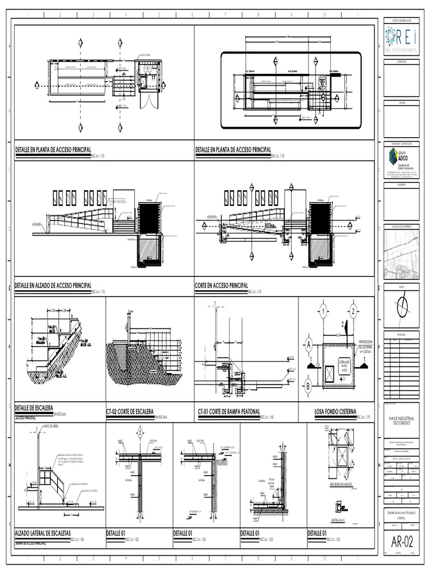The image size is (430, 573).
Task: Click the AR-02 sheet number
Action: tap(401, 542)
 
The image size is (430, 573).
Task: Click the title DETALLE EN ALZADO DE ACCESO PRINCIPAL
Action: tap(53, 285)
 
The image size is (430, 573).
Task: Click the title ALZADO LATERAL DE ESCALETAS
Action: tap(43, 534)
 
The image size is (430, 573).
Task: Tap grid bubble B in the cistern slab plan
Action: tap(308, 385)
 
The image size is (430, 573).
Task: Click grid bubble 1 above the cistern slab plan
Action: tap(323, 309)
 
